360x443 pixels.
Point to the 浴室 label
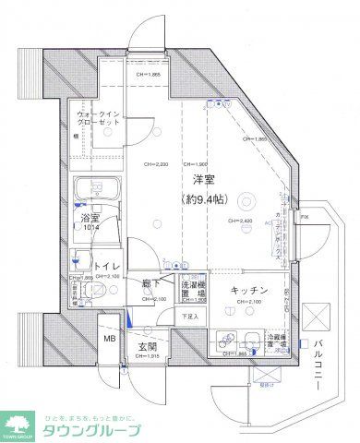click(90, 219)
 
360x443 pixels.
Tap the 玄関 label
click(149, 347)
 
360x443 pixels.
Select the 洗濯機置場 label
click(192, 291)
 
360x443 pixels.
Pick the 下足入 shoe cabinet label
click(188, 317)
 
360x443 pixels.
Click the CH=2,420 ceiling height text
click(243, 221)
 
